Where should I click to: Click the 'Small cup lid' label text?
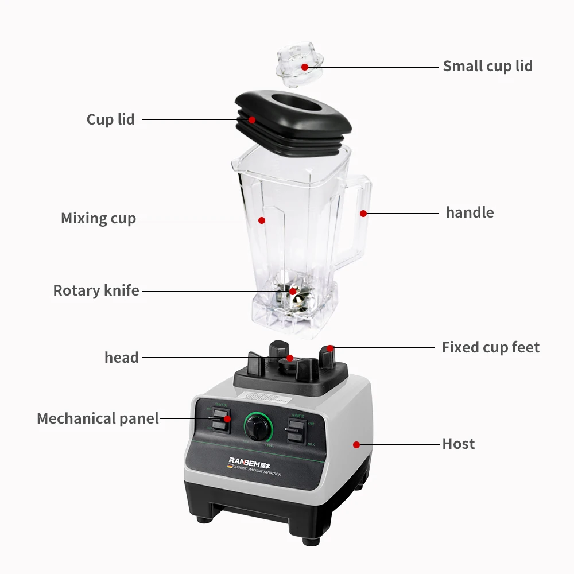487,66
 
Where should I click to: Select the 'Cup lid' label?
110,119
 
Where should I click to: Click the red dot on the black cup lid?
251,119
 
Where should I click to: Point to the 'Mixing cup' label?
98,219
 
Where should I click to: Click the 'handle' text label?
470,212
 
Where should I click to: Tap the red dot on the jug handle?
363,213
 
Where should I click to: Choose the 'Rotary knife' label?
96,290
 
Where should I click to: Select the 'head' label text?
121,358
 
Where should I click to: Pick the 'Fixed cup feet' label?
490,347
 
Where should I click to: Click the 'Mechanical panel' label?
98,418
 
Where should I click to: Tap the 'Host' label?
458,444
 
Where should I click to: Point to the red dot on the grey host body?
356,444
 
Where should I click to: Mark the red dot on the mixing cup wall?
261,219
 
